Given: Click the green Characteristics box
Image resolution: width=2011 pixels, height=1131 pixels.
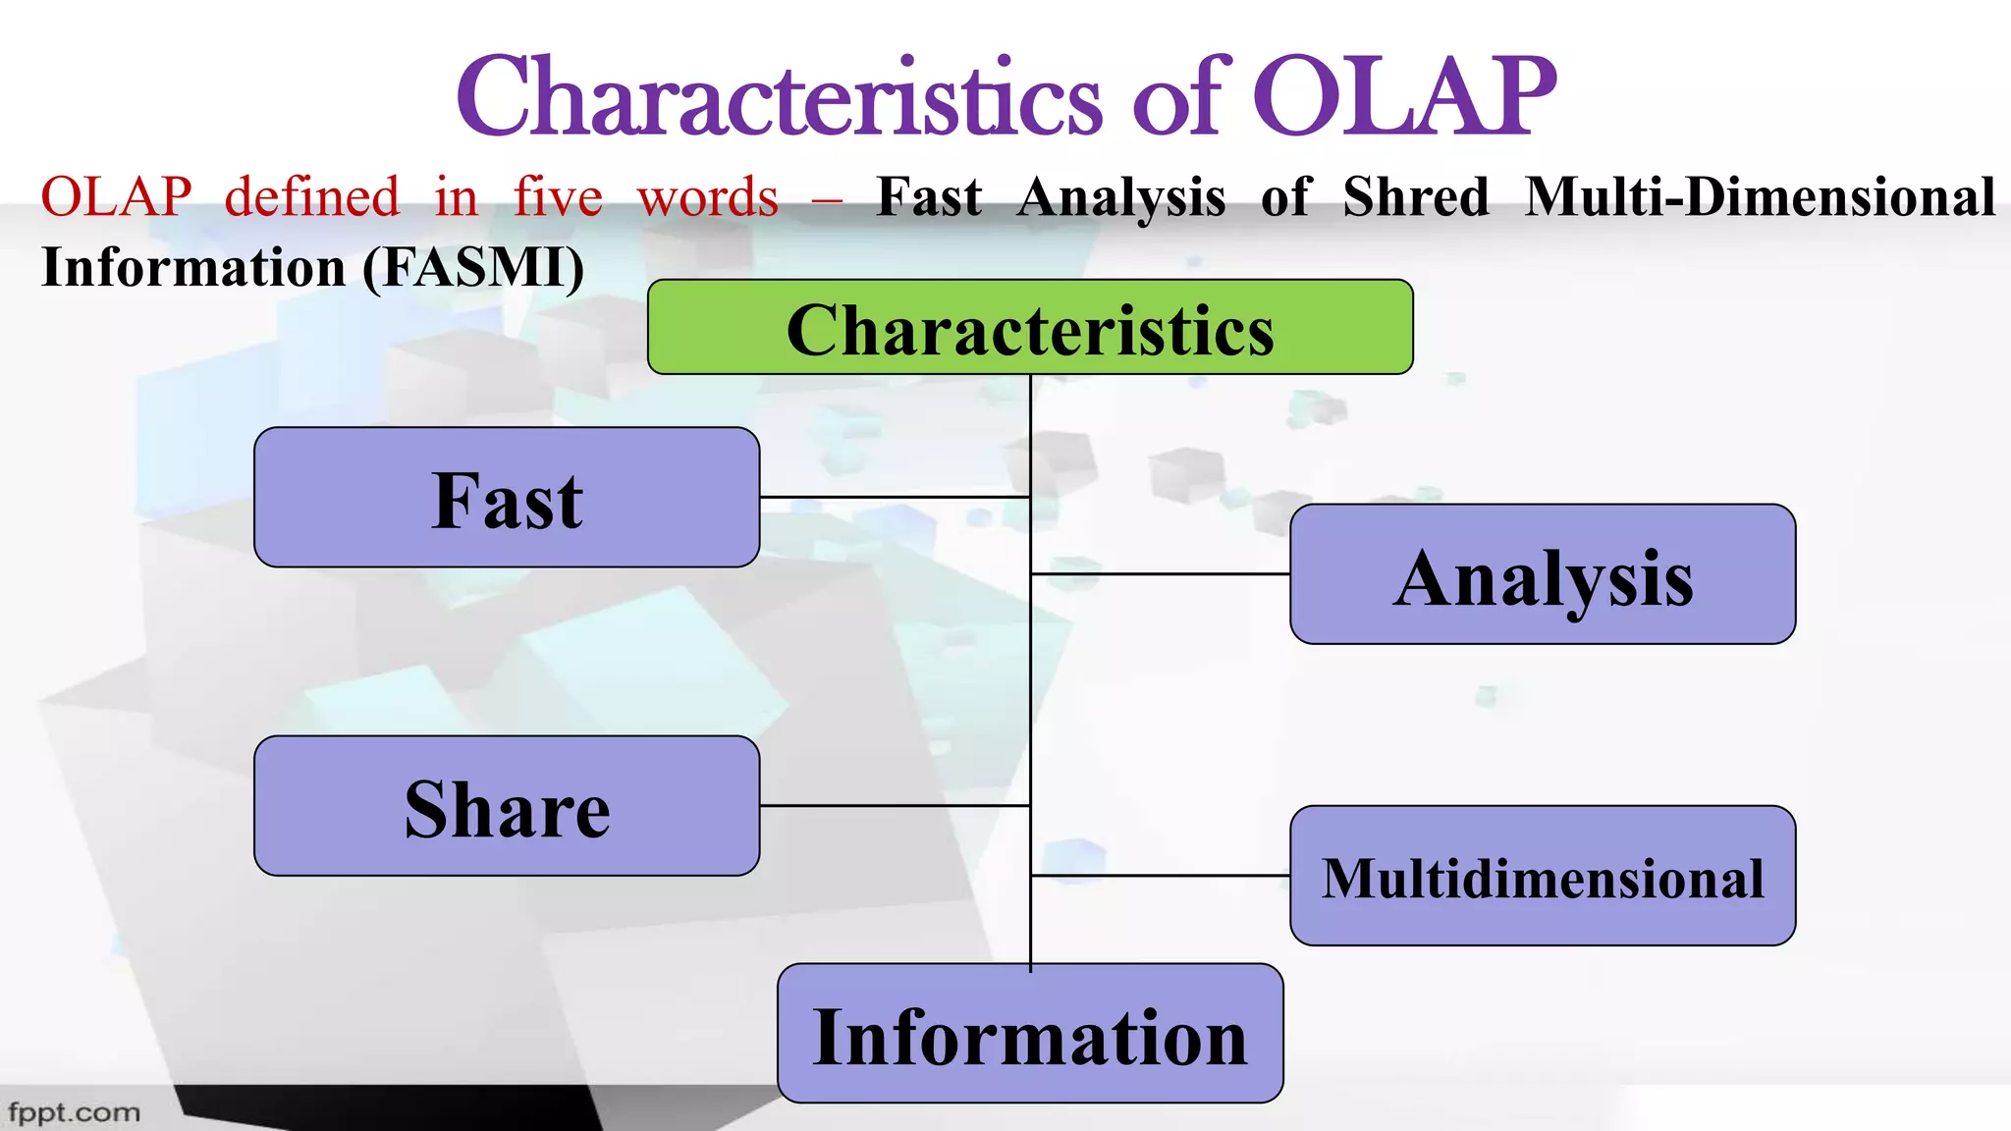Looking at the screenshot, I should (1030, 327).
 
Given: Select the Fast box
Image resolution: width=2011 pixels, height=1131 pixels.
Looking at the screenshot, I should (507, 498).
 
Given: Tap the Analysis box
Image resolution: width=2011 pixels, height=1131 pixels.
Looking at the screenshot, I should (1543, 575).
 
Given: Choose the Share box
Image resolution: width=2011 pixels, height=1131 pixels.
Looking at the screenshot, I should (507, 806).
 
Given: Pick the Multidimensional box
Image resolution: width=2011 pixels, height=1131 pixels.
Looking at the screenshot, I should (1543, 876).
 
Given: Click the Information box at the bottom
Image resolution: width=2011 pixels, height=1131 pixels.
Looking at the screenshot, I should (1030, 1034).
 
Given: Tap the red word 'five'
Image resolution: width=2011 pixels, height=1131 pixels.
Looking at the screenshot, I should (558, 197).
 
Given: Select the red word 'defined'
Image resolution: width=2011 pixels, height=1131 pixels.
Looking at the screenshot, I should (312, 197).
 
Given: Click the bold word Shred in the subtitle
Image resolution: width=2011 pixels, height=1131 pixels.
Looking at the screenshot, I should (1416, 197).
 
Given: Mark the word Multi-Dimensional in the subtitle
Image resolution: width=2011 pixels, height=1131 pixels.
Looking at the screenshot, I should (1760, 197).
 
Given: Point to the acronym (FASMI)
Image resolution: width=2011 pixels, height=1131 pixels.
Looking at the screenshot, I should (473, 268).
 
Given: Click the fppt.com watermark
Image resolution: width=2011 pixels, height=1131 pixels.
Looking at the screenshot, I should (75, 1112).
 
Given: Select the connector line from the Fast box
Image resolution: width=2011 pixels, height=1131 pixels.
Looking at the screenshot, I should (894, 498).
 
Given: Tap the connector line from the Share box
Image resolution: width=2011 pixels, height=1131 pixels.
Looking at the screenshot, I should (894, 806).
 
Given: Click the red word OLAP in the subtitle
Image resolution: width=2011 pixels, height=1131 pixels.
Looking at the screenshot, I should (116, 197).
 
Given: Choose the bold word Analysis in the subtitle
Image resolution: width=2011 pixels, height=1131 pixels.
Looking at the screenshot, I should (1121, 197).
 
